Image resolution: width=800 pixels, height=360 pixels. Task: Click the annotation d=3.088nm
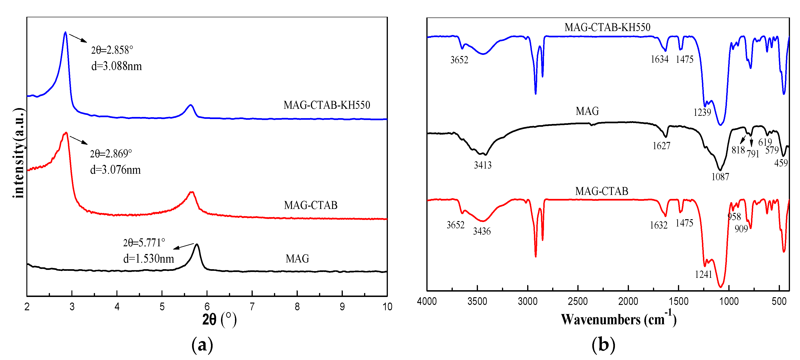[116, 66]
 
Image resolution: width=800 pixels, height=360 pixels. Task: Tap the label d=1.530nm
[148, 258]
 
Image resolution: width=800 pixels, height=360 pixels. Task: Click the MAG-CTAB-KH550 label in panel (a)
[326, 105]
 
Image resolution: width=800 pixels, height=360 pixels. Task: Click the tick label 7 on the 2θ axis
[252, 307]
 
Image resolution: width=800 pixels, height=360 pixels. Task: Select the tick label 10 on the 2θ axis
[387, 307]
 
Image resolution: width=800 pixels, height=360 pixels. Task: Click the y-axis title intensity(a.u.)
[19, 153]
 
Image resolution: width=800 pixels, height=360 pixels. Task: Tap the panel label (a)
[202, 345]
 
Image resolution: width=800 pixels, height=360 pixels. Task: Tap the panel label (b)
[603, 345]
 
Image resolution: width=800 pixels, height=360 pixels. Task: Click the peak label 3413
[483, 165]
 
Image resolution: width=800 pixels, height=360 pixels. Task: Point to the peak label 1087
[720, 177]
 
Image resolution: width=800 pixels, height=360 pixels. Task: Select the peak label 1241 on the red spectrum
[703, 274]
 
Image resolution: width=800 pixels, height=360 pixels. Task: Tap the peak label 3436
[482, 231]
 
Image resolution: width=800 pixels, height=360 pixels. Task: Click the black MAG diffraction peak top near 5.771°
[196, 244]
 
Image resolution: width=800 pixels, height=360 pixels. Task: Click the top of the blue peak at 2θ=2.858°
[65, 32]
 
